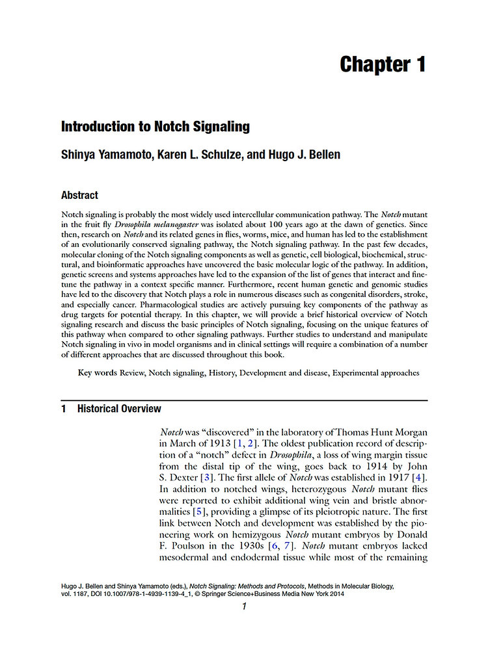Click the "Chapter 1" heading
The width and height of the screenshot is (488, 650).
coord(383,64)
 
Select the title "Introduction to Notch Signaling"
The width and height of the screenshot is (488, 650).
coord(155,127)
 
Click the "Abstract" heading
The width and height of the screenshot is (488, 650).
coord(79,195)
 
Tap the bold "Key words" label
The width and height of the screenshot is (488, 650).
coord(97,373)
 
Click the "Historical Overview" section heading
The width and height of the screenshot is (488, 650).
coord(119,409)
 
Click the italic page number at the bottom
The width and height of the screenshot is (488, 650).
coord(243,607)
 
